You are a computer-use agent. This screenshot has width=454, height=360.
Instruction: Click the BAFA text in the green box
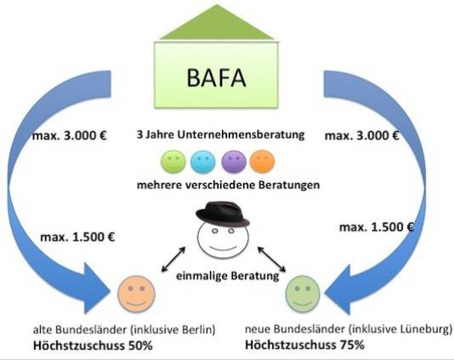[x=216, y=77]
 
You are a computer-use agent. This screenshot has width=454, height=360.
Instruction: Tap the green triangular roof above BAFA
[x=217, y=26]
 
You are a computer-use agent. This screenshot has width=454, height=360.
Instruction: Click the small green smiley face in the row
[x=173, y=162]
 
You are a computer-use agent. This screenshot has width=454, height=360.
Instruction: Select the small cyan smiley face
[x=203, y=162]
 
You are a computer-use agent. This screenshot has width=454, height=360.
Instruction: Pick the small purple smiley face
[x=234, y=162]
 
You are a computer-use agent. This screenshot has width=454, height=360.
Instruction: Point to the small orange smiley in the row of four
[x=262, y=162]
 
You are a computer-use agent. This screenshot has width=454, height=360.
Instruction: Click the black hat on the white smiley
[x=223, y=214]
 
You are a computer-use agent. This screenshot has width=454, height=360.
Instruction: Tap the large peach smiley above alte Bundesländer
[x=136, y=294]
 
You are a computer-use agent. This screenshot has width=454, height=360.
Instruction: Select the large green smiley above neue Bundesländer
[x=303, y=294]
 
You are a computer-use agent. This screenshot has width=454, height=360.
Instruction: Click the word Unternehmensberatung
[x=241, y=134]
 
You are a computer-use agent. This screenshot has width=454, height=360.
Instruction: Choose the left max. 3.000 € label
[x=70, y=135]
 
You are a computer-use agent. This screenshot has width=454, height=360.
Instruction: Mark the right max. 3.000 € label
[x=362, y=135]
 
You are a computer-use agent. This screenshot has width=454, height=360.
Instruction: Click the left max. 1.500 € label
[x=77, y=237]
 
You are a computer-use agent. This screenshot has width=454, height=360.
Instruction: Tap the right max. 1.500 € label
[x=377, y=227]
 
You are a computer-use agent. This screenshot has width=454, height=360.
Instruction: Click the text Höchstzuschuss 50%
[x=93, y=346]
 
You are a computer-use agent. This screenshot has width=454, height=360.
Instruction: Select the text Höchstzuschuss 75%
[x=304, y=345]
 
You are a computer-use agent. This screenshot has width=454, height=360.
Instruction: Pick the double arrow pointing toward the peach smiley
[x=173, y=260]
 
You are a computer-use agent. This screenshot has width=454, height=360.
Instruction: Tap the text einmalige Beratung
[x=228, y=276]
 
